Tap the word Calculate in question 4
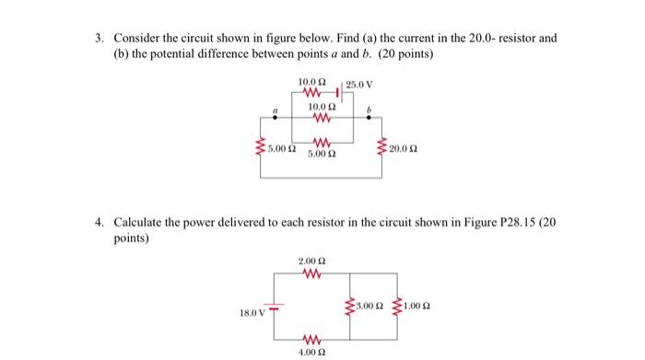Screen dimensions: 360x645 click(x=138, y=223)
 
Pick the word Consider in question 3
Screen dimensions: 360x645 click(x=137, y=38)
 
